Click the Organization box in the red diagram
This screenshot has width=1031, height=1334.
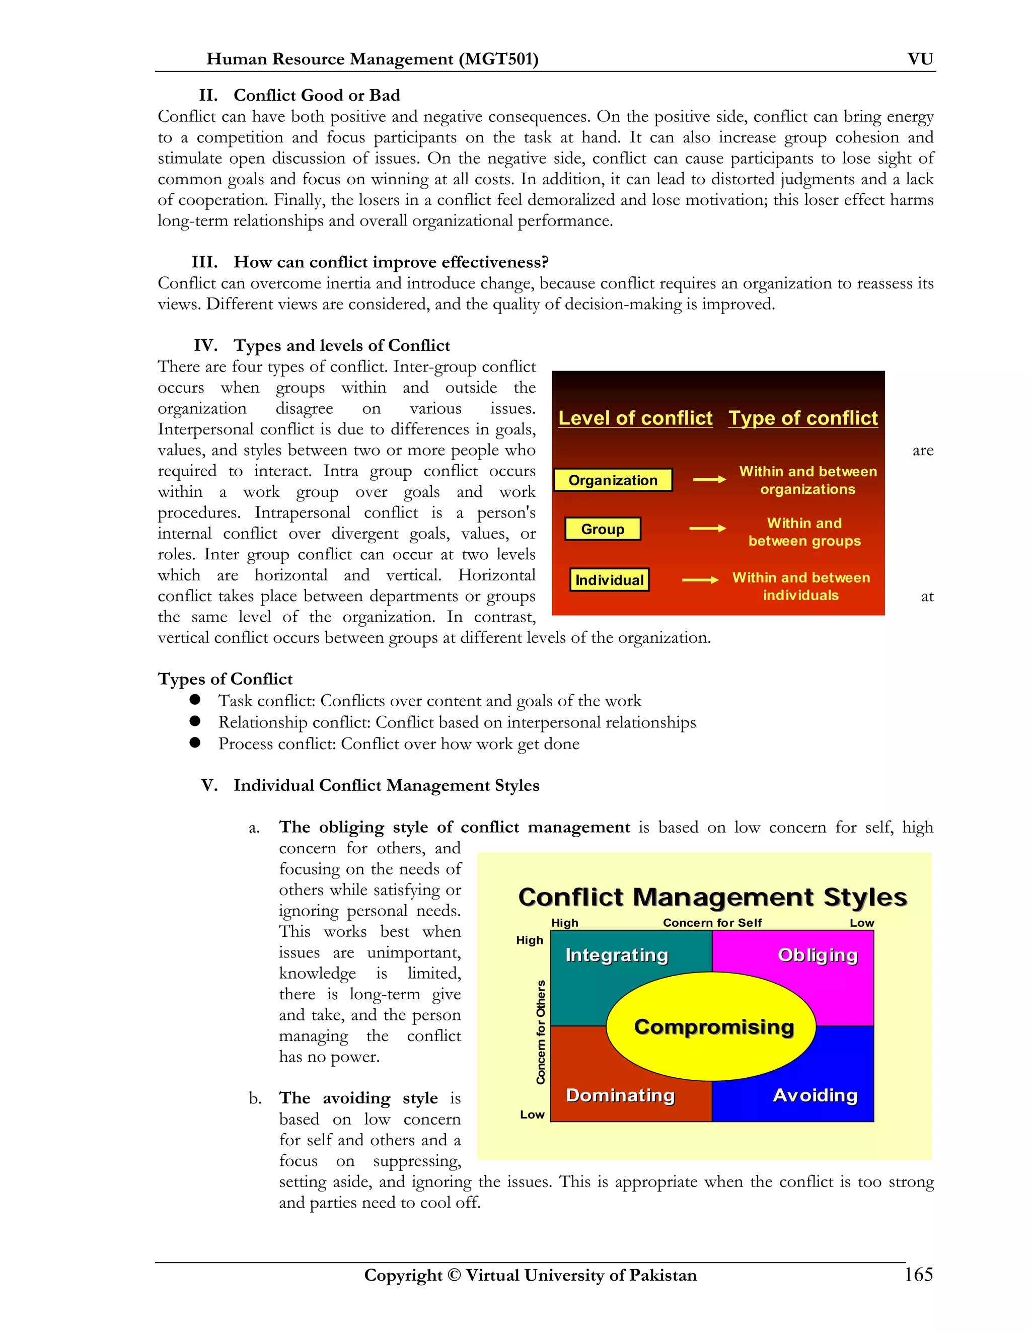point(613,480)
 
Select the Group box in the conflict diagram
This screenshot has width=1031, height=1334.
point(602,529)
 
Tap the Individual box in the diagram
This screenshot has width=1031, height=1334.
point(609,579)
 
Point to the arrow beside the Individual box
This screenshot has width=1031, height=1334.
point(700,579)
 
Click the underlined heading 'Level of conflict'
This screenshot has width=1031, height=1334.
point(635,418)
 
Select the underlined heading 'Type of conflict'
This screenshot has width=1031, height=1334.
point(802,418)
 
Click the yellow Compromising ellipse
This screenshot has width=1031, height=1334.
point(713,1027)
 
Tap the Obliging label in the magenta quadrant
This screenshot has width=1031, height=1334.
point(817,954)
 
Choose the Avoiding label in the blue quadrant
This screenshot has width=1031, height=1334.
point(815,1095)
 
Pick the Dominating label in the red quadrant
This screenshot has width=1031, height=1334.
point(620,1095)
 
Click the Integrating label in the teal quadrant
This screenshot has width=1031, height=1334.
point(616,954)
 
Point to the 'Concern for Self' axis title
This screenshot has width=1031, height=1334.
point(712,922)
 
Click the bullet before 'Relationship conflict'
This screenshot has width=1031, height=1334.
point(195,721)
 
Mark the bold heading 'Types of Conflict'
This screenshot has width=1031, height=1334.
point(225,679)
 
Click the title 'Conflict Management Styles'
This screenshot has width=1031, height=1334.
point(712,897)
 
